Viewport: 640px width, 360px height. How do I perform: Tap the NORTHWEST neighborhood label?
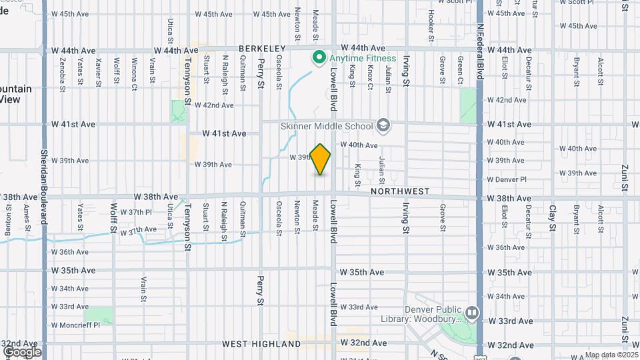[400, 191]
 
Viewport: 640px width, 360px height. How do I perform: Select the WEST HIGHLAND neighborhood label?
[261, 344]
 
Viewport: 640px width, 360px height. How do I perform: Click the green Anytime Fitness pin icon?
[319, 58]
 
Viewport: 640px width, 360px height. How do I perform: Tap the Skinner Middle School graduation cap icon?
[383, 125]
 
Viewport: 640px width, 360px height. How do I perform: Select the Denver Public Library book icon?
[472, 312]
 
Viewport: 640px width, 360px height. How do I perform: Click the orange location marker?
[321, 159]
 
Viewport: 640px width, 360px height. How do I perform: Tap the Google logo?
[22, 351]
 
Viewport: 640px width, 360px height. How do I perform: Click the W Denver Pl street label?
[507, 179]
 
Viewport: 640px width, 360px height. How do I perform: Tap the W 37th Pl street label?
[140, 212]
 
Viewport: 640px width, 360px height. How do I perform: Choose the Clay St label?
[553, 217]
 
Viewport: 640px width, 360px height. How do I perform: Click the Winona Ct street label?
[134, 72]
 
